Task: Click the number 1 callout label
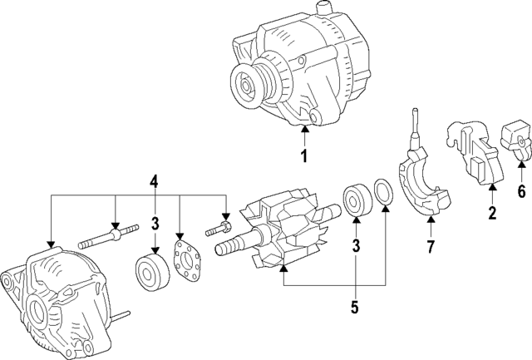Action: (x=304, y=156)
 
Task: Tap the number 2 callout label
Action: (x=491, y=214)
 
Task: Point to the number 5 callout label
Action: (x=354, y=307)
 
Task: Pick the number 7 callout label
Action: (x=430, y=247)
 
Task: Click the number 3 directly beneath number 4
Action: (x=153, y=222)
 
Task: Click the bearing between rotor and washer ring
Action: (x=356, y=202)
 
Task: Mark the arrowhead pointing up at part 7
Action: (x=430, y=220)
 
